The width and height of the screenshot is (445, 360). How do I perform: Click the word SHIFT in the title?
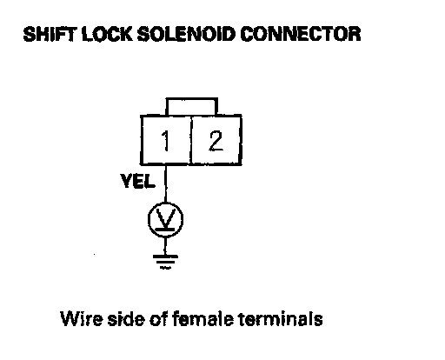point(50,34)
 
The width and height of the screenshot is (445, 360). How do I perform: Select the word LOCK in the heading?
point(107,34)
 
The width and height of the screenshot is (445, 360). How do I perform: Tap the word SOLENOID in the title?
point(186,34)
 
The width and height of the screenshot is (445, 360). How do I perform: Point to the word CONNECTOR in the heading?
point(301,34)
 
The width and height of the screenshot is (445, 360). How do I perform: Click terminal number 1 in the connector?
point(165,141)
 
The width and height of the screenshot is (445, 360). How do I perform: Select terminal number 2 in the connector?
point(216,141)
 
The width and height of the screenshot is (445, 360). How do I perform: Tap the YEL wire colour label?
point(138,181)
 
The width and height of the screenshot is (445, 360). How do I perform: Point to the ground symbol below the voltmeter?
point(165,262)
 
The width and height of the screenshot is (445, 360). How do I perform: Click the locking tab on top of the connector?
point(192,99)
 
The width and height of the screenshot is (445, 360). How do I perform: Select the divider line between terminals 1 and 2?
point(191,140)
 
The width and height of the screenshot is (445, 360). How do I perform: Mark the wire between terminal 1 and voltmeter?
point(165,183)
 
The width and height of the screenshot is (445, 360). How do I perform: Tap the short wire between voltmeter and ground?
point(165,246)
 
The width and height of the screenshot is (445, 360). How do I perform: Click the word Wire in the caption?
point(82,318)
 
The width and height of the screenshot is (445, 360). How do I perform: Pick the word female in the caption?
point(203,318)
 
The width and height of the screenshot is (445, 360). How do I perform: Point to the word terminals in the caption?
point(281,318)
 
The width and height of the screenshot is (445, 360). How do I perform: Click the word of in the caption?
point(158,318)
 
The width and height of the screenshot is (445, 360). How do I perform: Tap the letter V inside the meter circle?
point(165,217)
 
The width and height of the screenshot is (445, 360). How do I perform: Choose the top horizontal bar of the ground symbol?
point(165,257)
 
